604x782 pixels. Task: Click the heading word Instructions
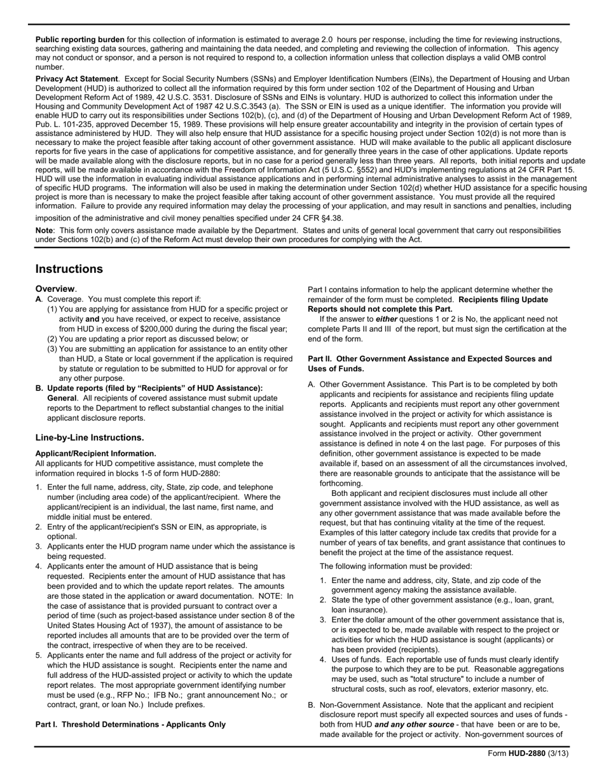point(69,269)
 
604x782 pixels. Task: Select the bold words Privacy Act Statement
point(76,79)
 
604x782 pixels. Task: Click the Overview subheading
point(55,289)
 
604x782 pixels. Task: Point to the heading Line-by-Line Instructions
point(90,437)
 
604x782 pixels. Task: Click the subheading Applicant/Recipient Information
point(96,453)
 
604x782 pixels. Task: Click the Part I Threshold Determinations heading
point(130,724)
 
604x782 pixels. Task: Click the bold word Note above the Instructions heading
point(45,230)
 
